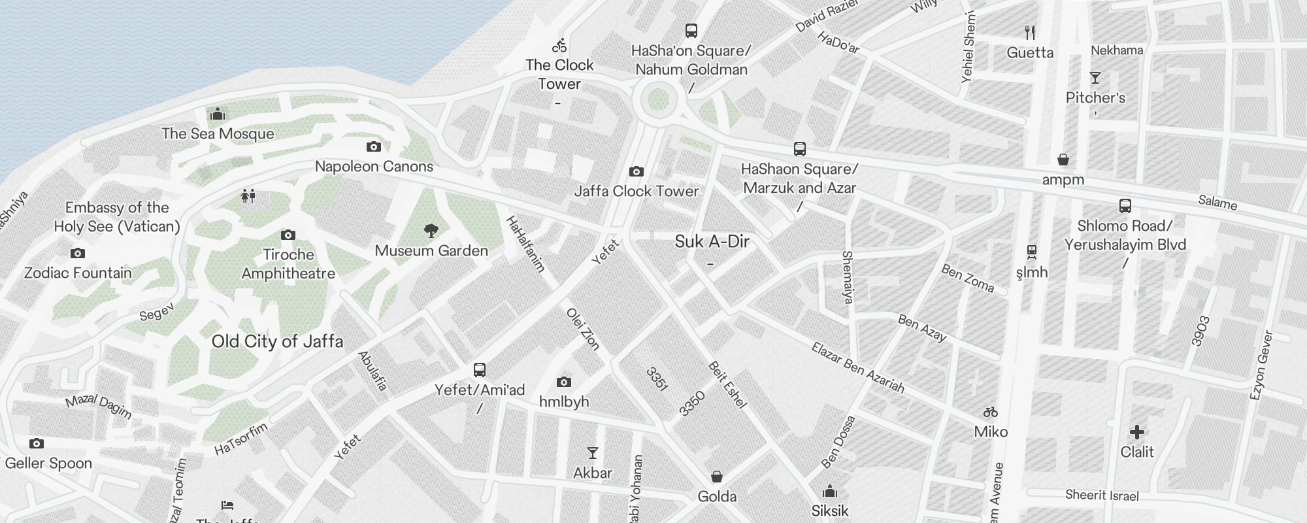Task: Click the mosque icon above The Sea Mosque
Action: tap(218, 114)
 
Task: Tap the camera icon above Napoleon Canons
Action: tap(374, 147)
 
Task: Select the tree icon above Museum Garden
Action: tap(431, 230)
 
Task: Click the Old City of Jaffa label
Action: tap(277, 341)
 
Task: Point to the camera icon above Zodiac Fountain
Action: tap(78, 253)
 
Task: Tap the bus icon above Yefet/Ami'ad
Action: tap(480, 370)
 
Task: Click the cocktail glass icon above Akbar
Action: tap(593, 452)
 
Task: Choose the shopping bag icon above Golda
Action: tap(717, 477)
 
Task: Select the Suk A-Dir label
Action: tap(712, 242)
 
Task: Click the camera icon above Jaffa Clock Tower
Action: tap(637, 172)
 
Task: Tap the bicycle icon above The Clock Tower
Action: tap(559, 46)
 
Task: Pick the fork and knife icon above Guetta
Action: tap(1030, 32)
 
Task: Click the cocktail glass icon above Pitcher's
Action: tap(1095, 78)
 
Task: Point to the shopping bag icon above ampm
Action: tap(1063, 160)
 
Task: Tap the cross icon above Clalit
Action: tap(1137, 432)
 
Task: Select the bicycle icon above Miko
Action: tap(991, 413)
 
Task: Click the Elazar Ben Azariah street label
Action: tap(858, 368)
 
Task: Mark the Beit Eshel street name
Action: tap(727, 384)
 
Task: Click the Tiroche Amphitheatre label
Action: tap(288, 264)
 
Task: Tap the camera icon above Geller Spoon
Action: tap(37, 444)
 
